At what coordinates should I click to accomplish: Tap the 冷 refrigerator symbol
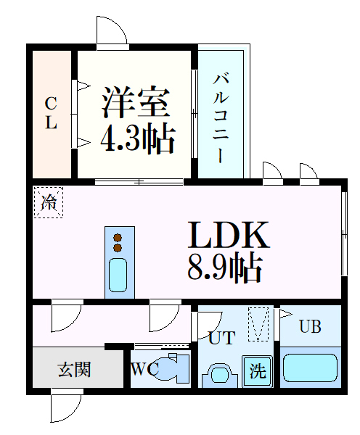point(49,202)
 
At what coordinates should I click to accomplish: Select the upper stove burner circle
point(118,238)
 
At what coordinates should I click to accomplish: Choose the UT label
point(221,337)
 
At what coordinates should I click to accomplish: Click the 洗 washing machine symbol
point(258,371)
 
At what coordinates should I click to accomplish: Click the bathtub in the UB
point(310,368)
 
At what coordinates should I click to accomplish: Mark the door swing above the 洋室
point(111,33)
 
